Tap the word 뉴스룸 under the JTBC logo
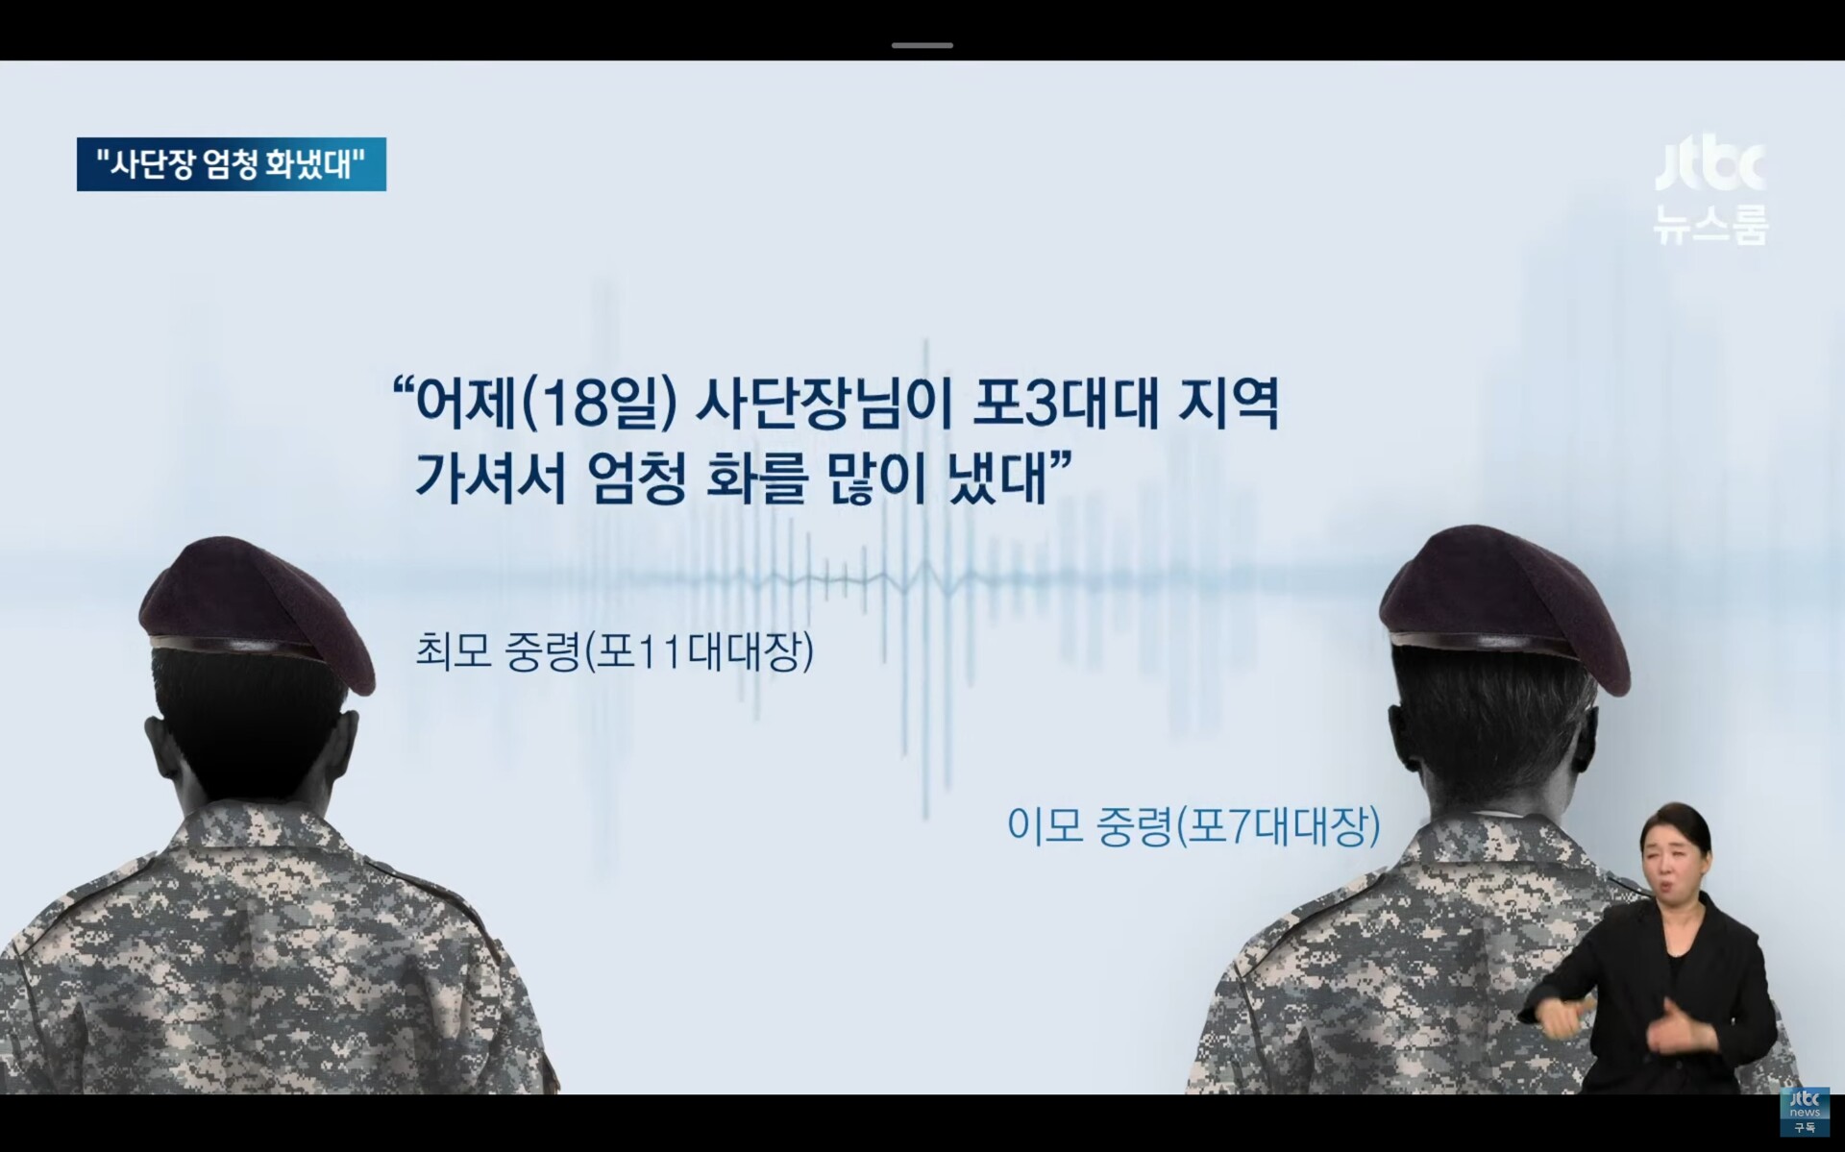(1710, 226)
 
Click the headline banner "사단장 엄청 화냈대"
(232, 164)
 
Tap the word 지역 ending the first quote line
(1229, 404)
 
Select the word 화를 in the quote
(756, 478)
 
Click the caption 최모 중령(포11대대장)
(615, 651)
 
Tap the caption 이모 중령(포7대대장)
(1193, 825)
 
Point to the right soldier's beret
(1505, 602)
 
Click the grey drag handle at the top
(922, 45)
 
